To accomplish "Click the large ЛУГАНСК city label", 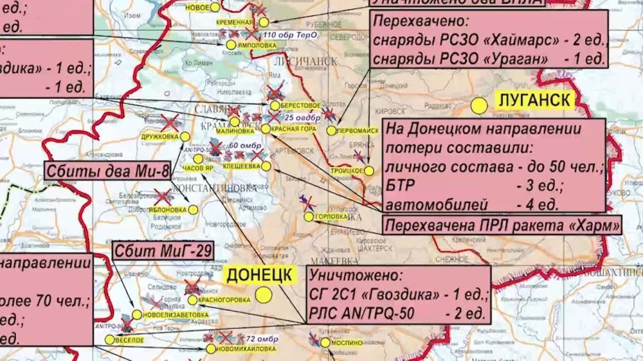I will pos(534,100).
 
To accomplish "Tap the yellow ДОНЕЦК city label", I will pos(259,275).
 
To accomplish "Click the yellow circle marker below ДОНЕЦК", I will pos(263,295).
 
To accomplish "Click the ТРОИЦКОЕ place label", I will pos(348,171).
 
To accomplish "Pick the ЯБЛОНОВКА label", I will pos(165,209).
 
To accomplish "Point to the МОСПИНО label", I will pos(346,343).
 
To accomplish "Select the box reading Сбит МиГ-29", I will pos(163,251).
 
